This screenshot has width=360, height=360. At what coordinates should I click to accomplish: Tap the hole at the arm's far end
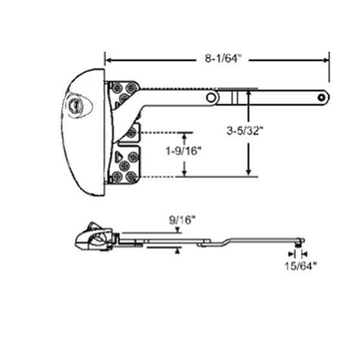pos(322,96)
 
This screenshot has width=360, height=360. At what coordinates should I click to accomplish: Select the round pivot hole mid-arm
pos(211,97)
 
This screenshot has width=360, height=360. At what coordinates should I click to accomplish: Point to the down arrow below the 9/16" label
pos(178,230)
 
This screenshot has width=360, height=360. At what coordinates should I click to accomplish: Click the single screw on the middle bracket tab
pos(131,133)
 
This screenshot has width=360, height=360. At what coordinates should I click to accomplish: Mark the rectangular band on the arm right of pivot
pos(238,97)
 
